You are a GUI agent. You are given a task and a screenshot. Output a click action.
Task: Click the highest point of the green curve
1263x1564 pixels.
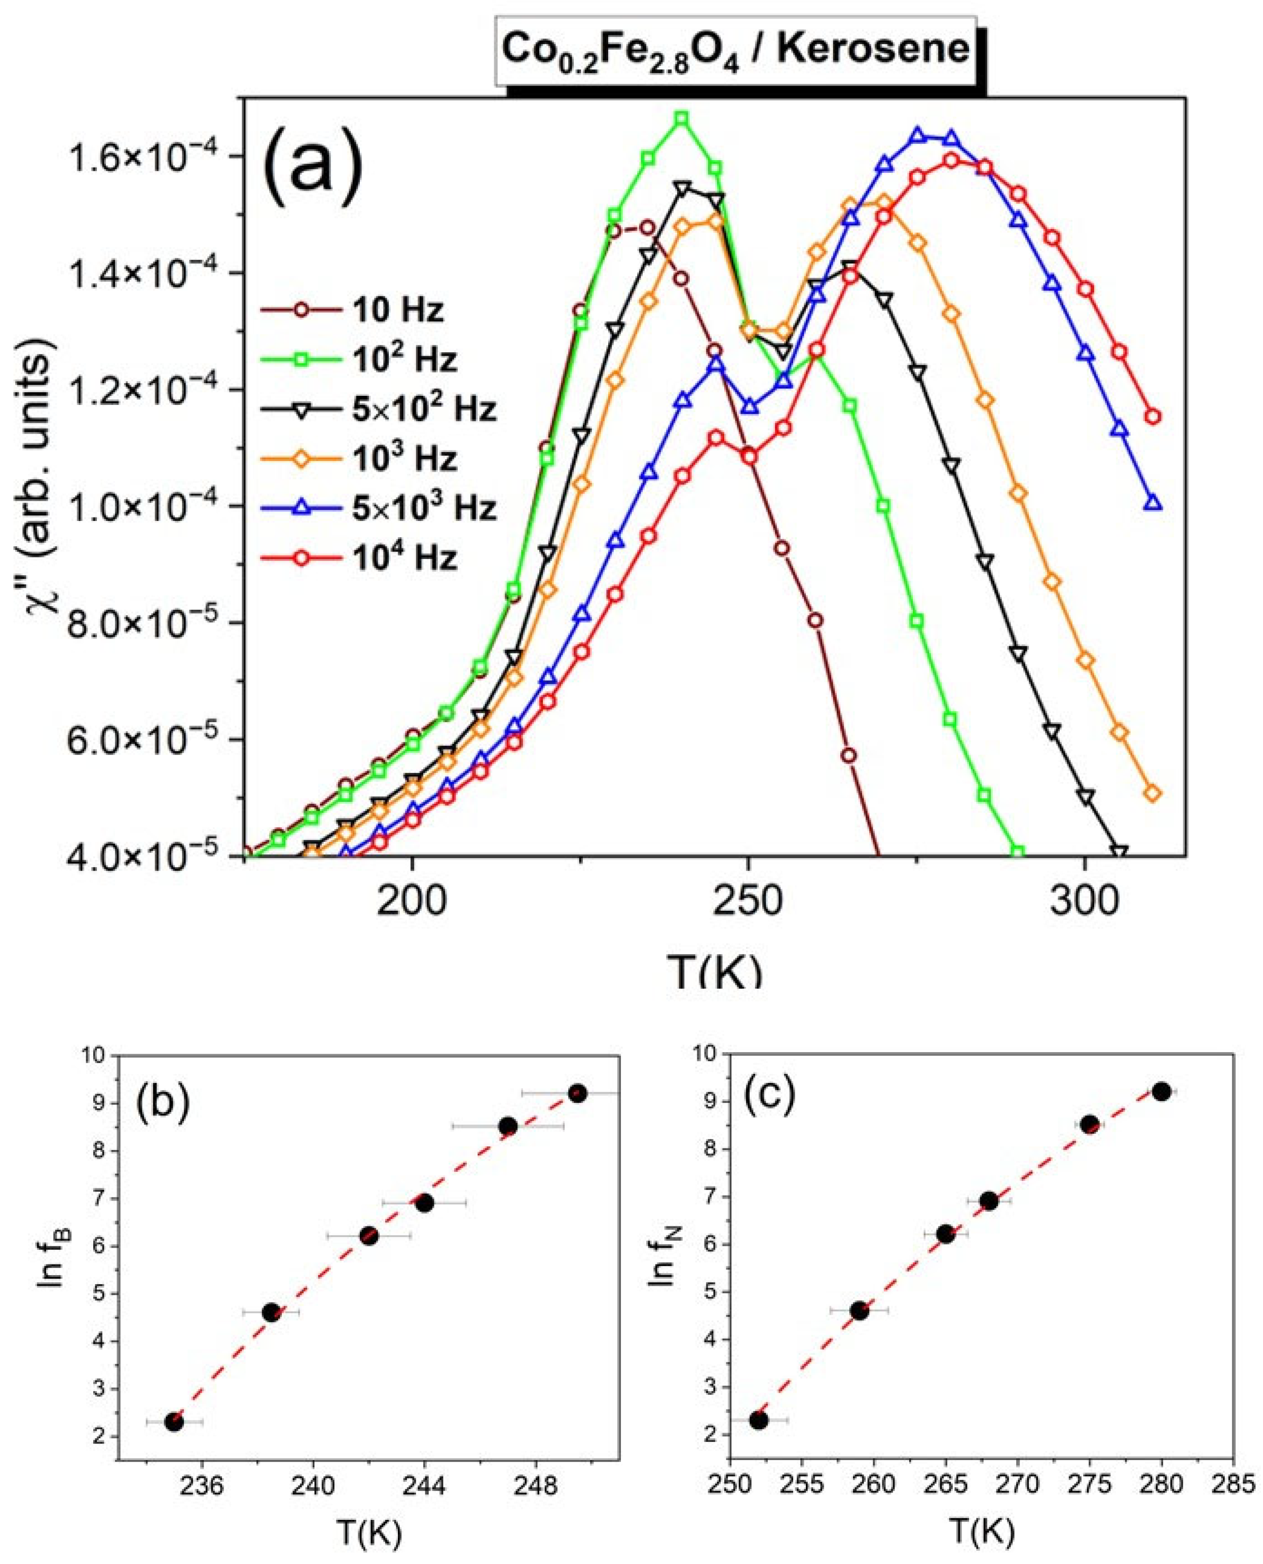682,119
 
